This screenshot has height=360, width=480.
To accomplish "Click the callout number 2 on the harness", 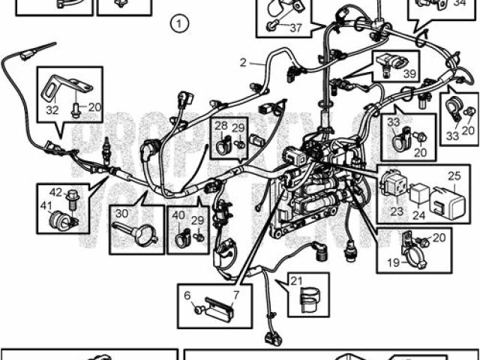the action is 243,63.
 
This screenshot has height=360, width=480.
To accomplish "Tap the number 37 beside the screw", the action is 295,28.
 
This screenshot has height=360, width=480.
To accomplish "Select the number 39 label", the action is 409,73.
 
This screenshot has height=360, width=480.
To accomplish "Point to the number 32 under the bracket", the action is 52,110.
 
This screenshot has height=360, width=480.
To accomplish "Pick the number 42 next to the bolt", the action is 57,192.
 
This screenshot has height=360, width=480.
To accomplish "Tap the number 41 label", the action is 46,205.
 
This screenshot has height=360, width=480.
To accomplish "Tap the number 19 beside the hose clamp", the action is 393,263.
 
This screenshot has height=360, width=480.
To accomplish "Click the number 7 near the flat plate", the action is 235,295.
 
